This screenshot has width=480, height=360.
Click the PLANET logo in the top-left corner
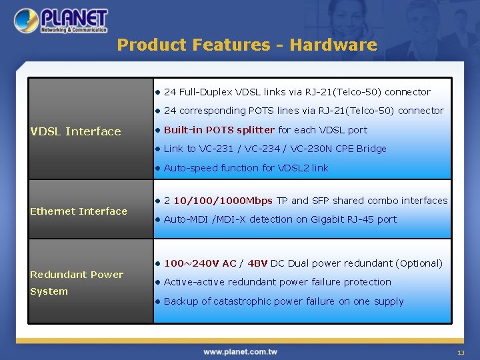tap(61, 21)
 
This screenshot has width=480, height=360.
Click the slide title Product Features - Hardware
tap(247, 45)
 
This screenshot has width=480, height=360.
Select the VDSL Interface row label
tap(75, 131)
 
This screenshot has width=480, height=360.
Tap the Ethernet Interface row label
tap(79, 211)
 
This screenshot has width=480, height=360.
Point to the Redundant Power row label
tap(77, 275)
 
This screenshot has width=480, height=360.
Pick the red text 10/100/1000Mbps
tap(223, 201)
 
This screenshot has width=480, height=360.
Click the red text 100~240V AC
tap(200, 263)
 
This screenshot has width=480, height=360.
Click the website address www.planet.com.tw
tap(240, 351)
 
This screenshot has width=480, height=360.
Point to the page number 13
tap(460, 352)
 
